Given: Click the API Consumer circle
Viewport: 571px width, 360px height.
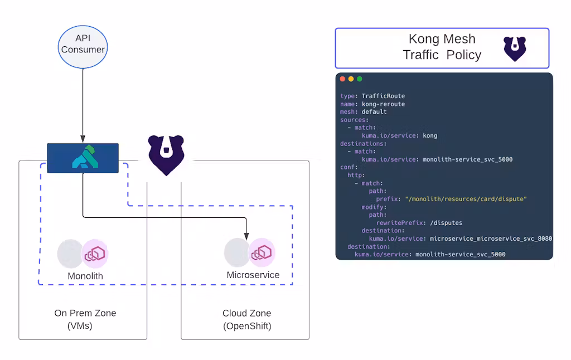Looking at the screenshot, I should point(83,44).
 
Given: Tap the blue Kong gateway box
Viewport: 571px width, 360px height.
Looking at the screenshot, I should point(83,158).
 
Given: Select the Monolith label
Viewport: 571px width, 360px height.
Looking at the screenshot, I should point(85,276).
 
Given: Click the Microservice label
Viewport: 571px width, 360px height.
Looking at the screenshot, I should point(253,275).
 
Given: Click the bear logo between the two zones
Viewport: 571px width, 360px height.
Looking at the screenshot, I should point(165,155).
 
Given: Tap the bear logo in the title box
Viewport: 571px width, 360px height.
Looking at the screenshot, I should point(515,48).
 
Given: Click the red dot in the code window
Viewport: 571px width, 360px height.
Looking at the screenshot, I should point(342,79).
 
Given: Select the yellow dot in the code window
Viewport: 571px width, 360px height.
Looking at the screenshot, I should point(351,79).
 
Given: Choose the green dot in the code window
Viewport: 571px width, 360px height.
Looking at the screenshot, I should point(360,79).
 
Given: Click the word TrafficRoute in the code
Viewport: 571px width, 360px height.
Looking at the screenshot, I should point(383,96).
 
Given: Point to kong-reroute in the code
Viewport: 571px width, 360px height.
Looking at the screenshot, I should point(383,104).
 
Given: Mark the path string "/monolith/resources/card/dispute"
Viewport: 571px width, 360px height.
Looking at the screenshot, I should point(466,199).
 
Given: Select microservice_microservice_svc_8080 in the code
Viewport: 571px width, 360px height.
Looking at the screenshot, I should point(491,239).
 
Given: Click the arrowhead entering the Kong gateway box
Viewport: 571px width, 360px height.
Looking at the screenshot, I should point(83,139).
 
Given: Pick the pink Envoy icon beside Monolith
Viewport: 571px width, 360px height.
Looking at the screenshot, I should point(95,254).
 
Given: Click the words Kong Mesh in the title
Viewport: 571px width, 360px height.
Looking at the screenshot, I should point(442,39).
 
